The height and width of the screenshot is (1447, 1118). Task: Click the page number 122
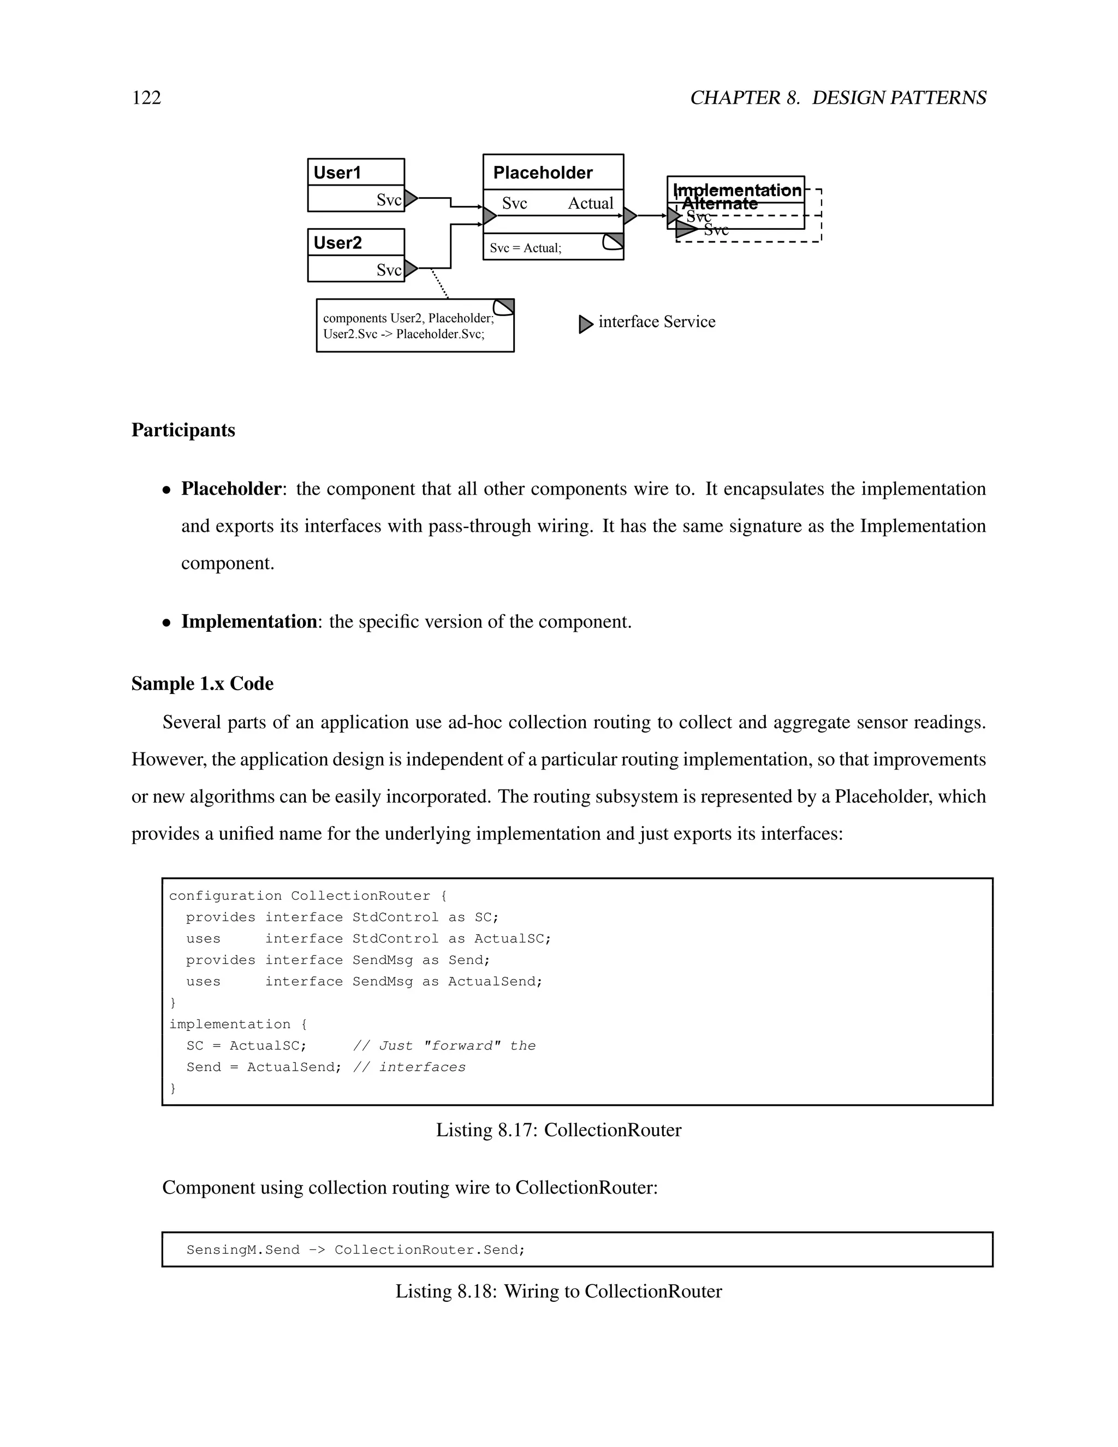pyautogui.click(x=146, y=98)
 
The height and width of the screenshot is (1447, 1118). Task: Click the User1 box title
pyautogui.click(x=337, y=173)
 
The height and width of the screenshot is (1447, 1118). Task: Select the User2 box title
pyautogui.click(x=338, y=243)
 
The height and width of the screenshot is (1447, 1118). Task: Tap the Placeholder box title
pyautogui.click(x=543, y=173)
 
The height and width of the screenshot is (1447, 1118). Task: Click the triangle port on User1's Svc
pyautogui.click(x=411, y=198)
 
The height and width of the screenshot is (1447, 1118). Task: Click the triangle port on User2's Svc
pyautogui.click(x=411, y=268)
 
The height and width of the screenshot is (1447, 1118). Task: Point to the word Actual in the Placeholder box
pyautogui.click(x=590, y=204)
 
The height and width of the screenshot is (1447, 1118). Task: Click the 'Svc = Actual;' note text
pyautogui.click(x=525, y=248)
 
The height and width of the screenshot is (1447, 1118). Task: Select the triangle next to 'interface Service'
pyautogui.click(x=586, y=324)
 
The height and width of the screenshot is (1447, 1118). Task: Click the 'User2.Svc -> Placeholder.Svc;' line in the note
pyautogui.click(x=403, y=334)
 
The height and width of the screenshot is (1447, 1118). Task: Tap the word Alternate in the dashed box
pyautogui.click(x=720, y=204)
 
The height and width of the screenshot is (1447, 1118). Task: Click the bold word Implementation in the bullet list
pyautogui.click(x=248, y=621)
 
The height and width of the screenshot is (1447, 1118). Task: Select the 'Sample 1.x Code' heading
pyautogui.click(x=202, y=684)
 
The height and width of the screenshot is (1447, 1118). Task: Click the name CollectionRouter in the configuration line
pyautogui.click(x=360, y=896)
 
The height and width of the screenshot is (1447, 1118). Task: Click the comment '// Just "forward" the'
pyautogui.click(x=444, y=1046)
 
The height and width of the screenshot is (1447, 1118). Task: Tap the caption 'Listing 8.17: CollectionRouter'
pyautogui.click(x=558, y=1130)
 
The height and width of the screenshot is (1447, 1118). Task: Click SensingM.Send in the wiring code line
pyautogui.click(x=242, y=1249)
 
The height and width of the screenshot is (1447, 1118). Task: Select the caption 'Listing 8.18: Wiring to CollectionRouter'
pyautogui.click(x=558, y=1291)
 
